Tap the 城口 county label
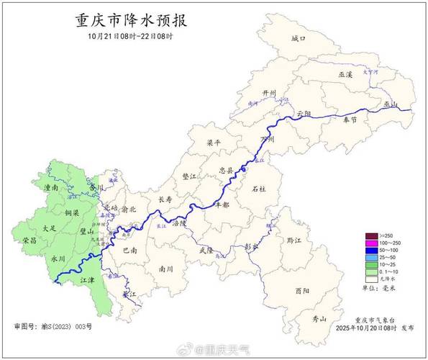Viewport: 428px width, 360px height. click(299, 38)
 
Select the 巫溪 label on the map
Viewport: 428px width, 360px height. click(345, 74)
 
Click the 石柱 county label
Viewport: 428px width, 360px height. click(259, 189)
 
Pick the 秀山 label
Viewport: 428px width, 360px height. click(319, 318)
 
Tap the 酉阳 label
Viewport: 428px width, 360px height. click(302, 290)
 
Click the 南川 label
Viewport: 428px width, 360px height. click(166, 269)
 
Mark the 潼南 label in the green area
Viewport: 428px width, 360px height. click(51, 187)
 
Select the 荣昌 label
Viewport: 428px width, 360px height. click(29, 240)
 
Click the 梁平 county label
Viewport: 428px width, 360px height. click(214, 143)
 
